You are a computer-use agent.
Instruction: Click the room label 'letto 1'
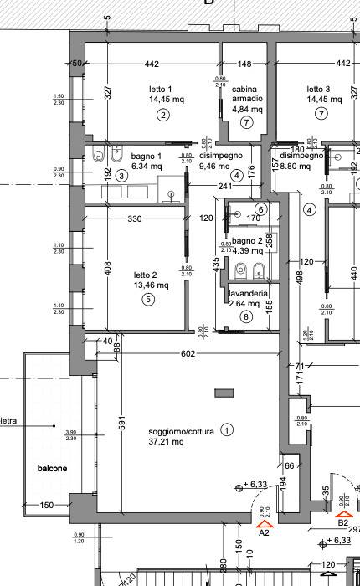tap(159, 89)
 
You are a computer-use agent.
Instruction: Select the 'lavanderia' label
tap(248, 294)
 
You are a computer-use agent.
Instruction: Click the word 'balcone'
tap(51, 468)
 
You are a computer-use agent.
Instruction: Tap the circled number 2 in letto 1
tap(162, 115)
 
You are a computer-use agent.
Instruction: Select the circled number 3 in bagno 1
tap(121, 175)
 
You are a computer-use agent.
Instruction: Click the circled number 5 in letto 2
tap(148, 299)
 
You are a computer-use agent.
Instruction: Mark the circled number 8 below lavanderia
tap(245, 316)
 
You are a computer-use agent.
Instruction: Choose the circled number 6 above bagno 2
tap(260, 209)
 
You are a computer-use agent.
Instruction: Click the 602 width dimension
tap(188, 353)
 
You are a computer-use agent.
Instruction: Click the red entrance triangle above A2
tap(264, 521)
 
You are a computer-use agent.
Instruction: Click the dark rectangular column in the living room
tap(224, 393)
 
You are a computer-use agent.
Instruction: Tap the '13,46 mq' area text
tap(152, 285)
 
